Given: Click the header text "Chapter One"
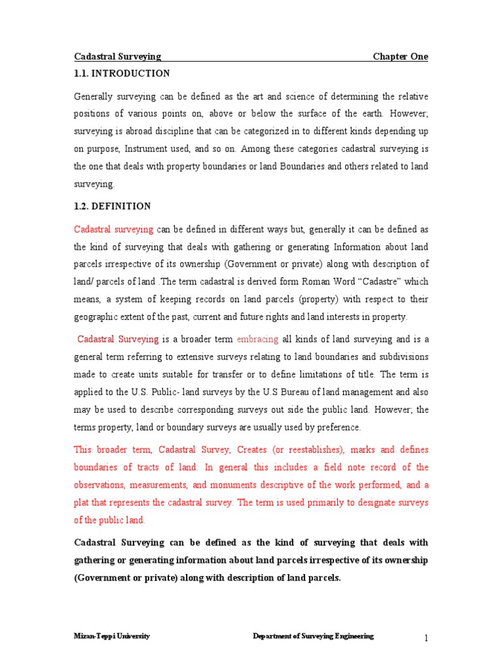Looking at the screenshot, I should click(400, 57).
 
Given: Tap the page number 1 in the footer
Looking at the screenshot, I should click(425, 638).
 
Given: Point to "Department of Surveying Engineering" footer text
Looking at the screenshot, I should click(314, 636).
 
